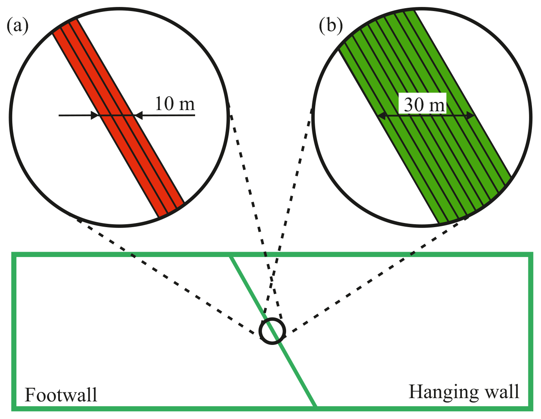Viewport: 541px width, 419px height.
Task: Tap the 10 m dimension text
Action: [x=175, y=104]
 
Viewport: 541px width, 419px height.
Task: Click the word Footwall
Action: [x=61, y=395]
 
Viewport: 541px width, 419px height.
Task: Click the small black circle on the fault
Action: [x=272, y=331]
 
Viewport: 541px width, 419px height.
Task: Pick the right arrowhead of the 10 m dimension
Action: [x=138, y=116]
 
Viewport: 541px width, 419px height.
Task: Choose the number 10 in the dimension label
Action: [x=164, y=104]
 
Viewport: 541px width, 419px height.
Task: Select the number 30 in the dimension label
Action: [x=414, y=105]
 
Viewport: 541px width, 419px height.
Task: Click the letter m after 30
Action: [x=436, y=106]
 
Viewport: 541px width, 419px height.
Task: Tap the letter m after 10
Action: [x=187, y=105]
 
